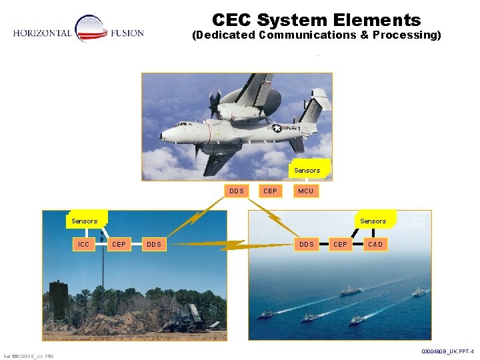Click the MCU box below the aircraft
pos(306,191)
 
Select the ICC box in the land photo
pos(83,245)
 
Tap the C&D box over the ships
pos(375,245)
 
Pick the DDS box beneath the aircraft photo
pos(237,191)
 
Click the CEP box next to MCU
pos(270,191)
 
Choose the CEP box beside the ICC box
pos(119,245)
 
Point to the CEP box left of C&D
pos(340,245)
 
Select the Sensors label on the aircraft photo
pos(307,171)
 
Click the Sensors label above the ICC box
pos(85,221)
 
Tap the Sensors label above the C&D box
pos(373,221)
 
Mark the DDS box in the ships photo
pos(307,245)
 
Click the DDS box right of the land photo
pos(154,245)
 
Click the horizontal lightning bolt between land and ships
pos(227,245)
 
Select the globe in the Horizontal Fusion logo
pos(90,28)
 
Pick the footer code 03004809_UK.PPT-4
pos(447,351)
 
